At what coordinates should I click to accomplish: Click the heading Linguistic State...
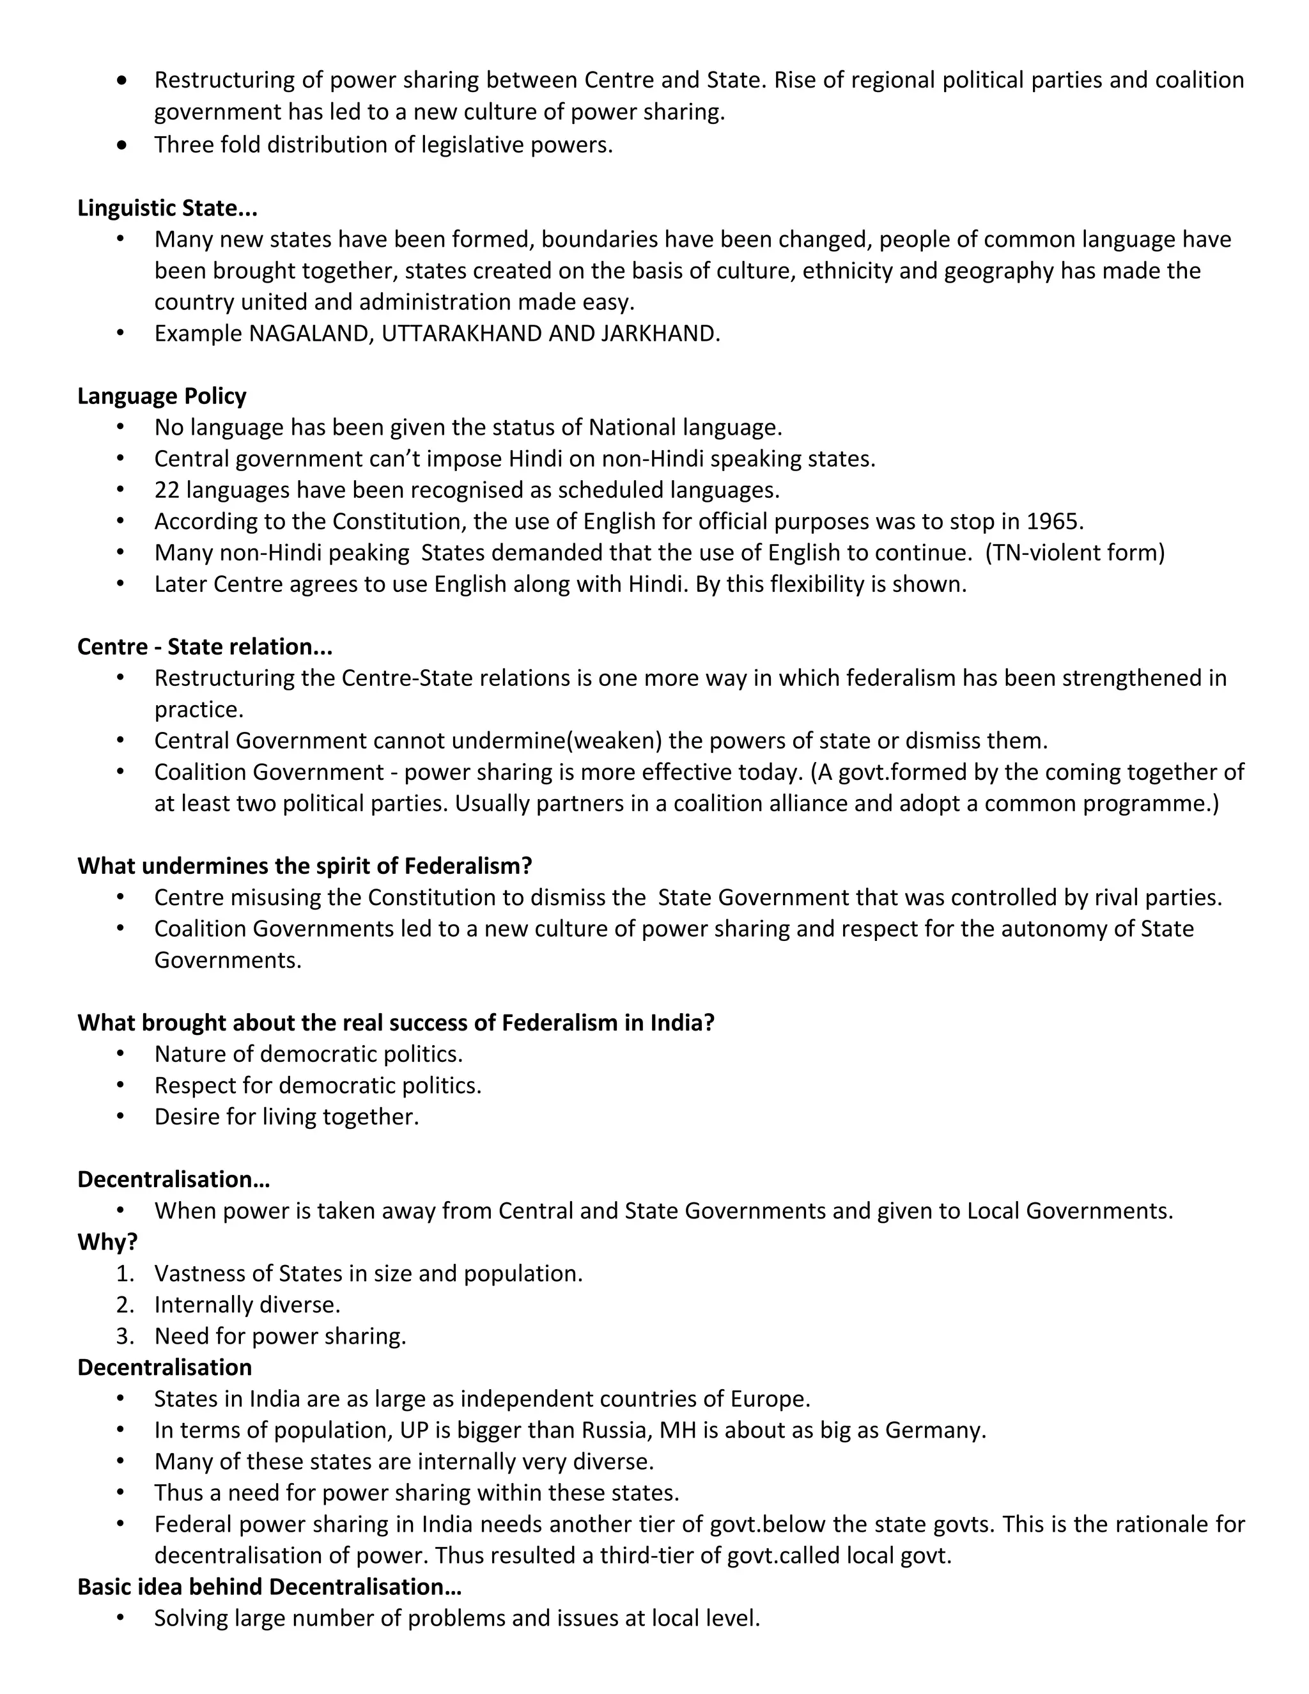pyautogui.click(x=167, y=208)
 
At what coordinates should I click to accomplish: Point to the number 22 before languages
pyautogui.click(x=167, y=490)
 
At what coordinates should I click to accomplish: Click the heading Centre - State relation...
pyautogui.click(x=205, y=647)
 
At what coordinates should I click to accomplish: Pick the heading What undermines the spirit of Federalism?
pyautogui.click(x=305, y=866)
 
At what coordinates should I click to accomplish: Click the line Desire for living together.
pyautogui.click(x=286, y=1116)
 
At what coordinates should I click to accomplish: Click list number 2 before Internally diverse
pyautogui.click(x=124, y=1305)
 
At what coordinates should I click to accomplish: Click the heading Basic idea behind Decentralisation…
pyautogui.click(x=269, y=1587)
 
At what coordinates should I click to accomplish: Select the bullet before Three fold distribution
pyautogui.click(x=121, y=145)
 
